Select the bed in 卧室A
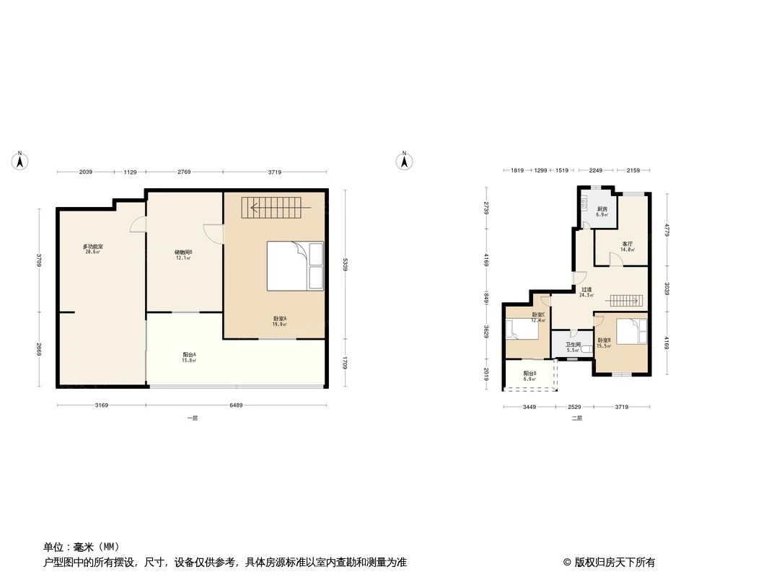click(295, 265)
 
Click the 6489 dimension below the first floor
click(237, 406)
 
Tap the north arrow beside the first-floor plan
click(21, 161)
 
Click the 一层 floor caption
click(191, 418)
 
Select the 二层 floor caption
click(576, 418)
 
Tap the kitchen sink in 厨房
click(584, 201)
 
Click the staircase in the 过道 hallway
click(625, 300)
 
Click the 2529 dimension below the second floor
click(574, 407)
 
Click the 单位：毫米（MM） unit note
click(82, 547)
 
